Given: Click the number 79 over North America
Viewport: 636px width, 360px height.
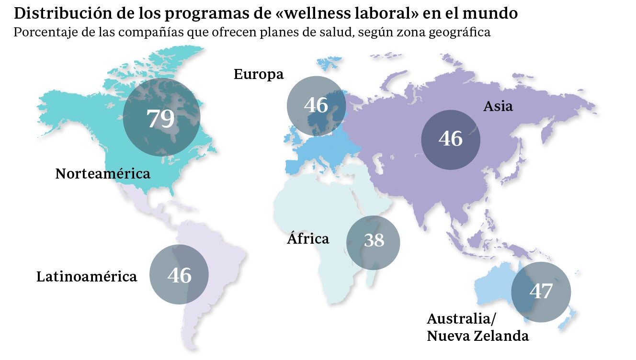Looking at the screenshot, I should pos(161,118).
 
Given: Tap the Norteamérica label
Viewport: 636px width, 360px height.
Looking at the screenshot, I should pos(102,173).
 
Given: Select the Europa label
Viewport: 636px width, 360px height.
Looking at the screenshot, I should pos(259,74).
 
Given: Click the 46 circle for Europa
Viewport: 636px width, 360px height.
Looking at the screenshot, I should pos(316,105).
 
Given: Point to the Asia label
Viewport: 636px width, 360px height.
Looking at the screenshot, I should pos(498,106).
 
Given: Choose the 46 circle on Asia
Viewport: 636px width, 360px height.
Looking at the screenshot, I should pos(450,139).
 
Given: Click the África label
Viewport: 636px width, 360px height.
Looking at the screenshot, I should pos(308,238).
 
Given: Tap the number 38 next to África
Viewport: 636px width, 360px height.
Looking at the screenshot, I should pos(374,240).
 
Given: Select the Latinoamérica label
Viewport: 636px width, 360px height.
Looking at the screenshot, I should pos(87,276).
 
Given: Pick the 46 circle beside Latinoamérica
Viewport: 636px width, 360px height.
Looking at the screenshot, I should pos(179,275).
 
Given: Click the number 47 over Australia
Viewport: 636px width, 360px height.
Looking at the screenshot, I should pos(541,291).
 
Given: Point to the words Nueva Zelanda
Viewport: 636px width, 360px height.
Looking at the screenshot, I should pos(477,336).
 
